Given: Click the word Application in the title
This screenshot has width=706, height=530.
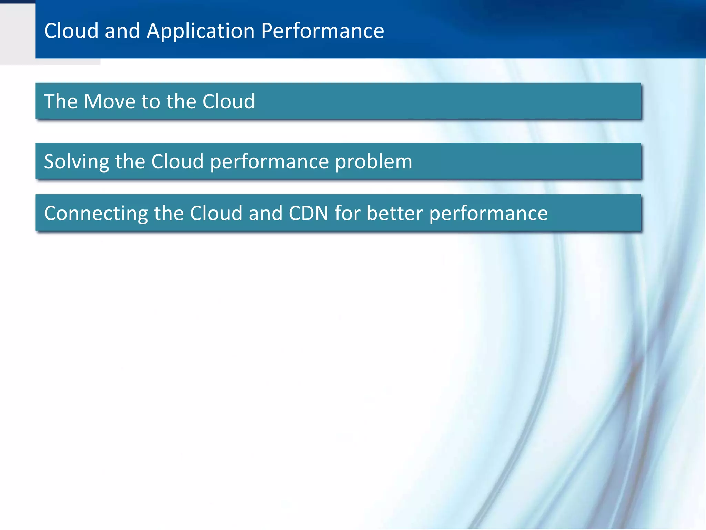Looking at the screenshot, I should click(201, 31).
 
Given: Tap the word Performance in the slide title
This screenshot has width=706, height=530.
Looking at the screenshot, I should click(322, 31).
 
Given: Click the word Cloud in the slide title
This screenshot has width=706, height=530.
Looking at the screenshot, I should click(71, 31).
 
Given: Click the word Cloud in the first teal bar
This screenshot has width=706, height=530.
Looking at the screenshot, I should click(229, 101).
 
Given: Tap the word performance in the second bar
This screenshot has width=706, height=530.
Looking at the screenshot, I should click(269, 161).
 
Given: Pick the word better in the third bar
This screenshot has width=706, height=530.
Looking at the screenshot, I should click(394, 213).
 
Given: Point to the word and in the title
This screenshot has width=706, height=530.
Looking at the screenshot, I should click(122, 31).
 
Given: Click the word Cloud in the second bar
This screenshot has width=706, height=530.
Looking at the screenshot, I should click(178, 161).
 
